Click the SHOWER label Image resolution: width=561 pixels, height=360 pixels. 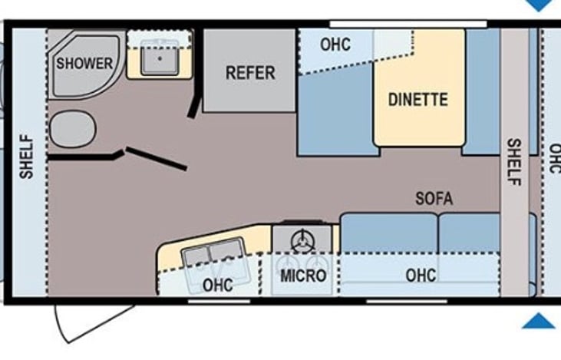84,64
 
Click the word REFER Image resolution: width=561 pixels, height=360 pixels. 249,73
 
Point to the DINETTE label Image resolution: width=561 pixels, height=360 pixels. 417,99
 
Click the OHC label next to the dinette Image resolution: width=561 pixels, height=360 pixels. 335,45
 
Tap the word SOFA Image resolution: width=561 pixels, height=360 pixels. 434,198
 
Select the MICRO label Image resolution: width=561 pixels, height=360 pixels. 302,276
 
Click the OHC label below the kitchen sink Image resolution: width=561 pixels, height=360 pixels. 217,285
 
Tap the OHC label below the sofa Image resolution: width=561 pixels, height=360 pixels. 421,276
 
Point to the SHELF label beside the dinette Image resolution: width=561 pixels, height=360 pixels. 513,161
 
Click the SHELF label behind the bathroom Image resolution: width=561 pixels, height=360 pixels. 27,157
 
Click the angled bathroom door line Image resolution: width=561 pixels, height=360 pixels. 156,158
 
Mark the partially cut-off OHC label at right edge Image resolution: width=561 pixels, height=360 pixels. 553,158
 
